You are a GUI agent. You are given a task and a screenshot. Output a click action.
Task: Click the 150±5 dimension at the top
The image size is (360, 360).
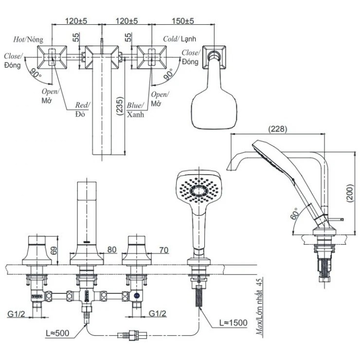pyautogui.click(x=182, y=21)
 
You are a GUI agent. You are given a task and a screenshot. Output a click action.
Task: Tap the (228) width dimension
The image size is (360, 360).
pyautogui.click(x=278, y=129)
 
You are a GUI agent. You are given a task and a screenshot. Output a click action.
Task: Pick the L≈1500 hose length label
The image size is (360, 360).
pyautogui.click(x=233, y=323)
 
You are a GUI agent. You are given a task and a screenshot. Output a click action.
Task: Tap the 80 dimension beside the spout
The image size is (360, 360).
pyautogui.click(x=111, y=250)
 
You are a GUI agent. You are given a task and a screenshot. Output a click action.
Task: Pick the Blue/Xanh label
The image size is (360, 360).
pyautogui.click(x=135, y=110)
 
